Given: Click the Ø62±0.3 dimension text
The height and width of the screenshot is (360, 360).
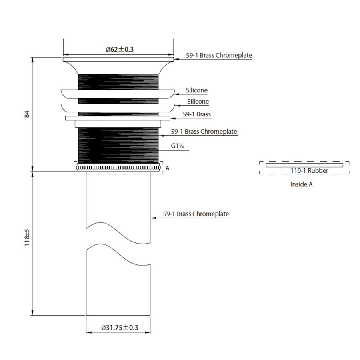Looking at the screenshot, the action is pos(119,49).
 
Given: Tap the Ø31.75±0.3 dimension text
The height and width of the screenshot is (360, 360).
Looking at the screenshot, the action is pos(120,327).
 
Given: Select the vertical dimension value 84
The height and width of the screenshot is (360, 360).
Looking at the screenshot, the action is pos(27,114).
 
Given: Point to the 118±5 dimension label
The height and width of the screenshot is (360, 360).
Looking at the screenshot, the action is pos(27,237).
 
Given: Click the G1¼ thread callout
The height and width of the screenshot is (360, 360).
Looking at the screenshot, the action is pos(177,146).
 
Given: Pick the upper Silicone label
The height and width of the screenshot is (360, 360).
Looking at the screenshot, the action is pos(196,90).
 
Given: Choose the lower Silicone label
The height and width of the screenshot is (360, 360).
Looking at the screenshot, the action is pos(198,102).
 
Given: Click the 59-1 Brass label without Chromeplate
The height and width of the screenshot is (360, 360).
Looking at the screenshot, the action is pos(197,114).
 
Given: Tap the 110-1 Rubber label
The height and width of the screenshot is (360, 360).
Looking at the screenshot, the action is pos(309,170).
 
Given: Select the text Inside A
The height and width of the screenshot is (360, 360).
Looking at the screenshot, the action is pos(302,184).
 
